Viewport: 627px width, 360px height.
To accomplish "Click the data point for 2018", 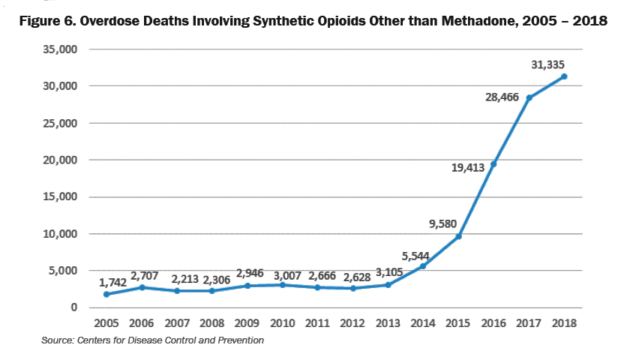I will click(564, 76).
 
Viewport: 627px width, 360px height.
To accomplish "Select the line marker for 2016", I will click(493, 164).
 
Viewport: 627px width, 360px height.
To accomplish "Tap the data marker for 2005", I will click(106, 294).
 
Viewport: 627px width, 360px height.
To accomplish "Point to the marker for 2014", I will click(423, 266).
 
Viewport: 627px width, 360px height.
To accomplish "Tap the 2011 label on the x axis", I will click(317, 324).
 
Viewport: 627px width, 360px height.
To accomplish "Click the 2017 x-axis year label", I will click(529, 324).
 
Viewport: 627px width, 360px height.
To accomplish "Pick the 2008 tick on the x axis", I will click(211, 324).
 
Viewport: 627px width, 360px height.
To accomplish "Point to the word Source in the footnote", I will click(58, 340).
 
